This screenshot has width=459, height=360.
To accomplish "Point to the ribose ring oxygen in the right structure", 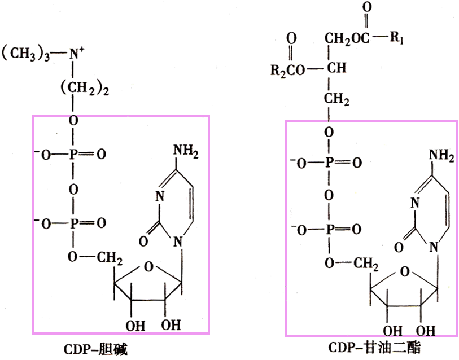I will coord(404,272).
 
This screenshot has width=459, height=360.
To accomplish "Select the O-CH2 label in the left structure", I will coord(95,257).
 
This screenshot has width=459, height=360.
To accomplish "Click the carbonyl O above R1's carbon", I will coord(368,9).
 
